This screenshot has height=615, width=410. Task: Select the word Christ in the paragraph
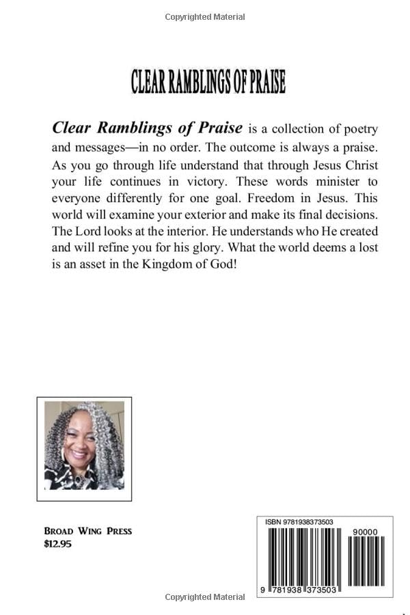357,165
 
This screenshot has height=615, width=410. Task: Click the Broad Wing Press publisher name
87,531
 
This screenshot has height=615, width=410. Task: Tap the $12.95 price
57,544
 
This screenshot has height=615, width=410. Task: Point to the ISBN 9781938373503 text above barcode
299,522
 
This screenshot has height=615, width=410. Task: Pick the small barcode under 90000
366,561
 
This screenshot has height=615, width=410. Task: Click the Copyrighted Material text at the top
205,17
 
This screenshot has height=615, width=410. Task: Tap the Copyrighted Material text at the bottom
205,597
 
